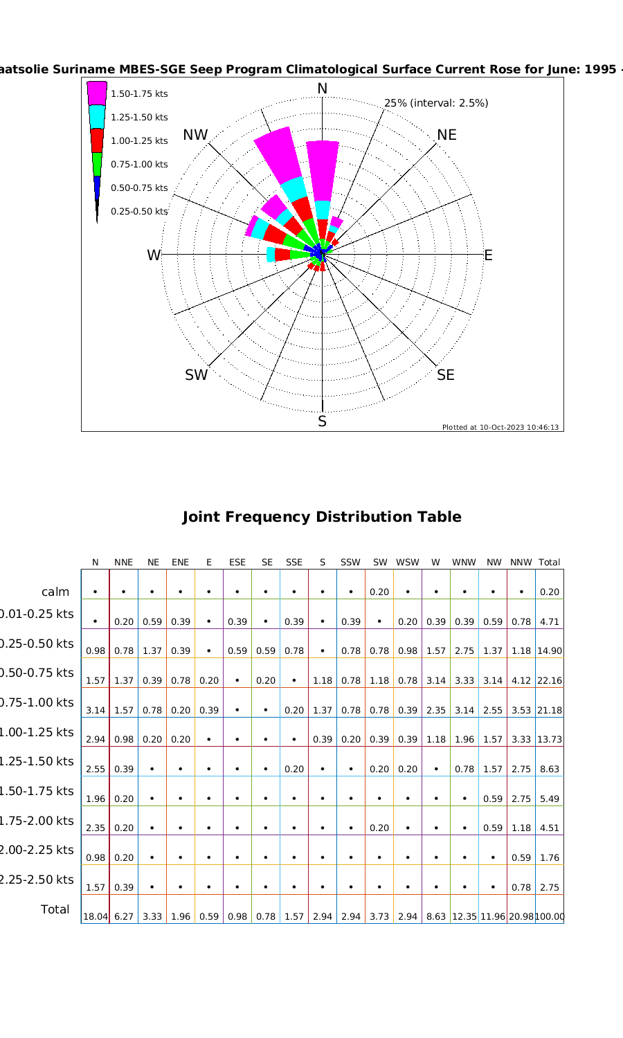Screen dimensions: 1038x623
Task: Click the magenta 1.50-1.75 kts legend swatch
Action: pyautogui.click(x=97, y=93)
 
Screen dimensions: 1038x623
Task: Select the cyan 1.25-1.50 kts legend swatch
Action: pyautogui.click(x=97, y=117)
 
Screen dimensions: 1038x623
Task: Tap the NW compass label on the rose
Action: pyautogui.click(x=196, y=135)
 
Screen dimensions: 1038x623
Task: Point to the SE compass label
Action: pyautogui.click(x=446, y=375)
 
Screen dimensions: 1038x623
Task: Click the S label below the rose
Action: pyautogui.click(x=322, y=421)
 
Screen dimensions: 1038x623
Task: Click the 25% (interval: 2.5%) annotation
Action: pyautogui.click(x=436, y=103)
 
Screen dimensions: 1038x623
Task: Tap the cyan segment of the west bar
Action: pyautogui.click(x=271, y=255)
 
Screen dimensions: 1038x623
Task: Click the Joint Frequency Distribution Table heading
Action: pyautogui.click(x=321, y=517)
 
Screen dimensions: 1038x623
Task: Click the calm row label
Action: pyautogui.click(x=55, y=592)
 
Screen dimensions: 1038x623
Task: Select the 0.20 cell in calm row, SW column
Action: pyautogui.click(x=379, y=592)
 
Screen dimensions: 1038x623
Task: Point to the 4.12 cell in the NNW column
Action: pyautogui.click(x=521, y=681)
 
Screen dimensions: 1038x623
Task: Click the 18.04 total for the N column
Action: pyautogui.click(x=96, y=917)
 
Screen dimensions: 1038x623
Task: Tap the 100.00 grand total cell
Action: pyautogui.click(x=550, y=917)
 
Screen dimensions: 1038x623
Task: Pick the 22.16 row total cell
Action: pyautogui.click(x=550, y=681)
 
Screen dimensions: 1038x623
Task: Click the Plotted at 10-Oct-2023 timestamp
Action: pyautogui.click(x=500, y=428)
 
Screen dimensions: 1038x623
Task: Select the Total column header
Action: pyautogui.click(x=549, y=563)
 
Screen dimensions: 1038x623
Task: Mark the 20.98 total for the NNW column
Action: pyautogui.click(x=521, y=917)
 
